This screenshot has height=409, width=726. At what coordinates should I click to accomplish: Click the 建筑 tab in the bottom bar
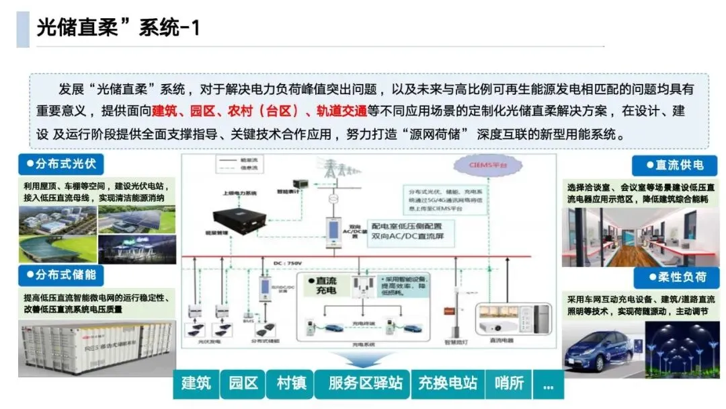[x=196, y=383]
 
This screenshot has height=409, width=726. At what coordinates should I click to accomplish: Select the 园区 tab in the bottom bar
[x=243, y=383]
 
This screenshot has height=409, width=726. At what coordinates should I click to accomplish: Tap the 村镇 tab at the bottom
[x=291, y=383]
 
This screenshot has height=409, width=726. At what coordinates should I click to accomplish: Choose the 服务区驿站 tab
[x=365, y=383]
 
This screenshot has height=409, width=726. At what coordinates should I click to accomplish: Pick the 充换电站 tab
[x=448, y=383]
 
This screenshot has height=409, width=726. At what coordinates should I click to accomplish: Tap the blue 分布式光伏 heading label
[x=61, y=164]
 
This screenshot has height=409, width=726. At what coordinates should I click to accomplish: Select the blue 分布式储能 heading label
[x=61, y=274]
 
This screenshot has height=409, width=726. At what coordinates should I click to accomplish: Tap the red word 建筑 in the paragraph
[x=165, y=111]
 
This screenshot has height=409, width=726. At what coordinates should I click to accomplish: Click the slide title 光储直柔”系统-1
[x=118, y=28]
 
